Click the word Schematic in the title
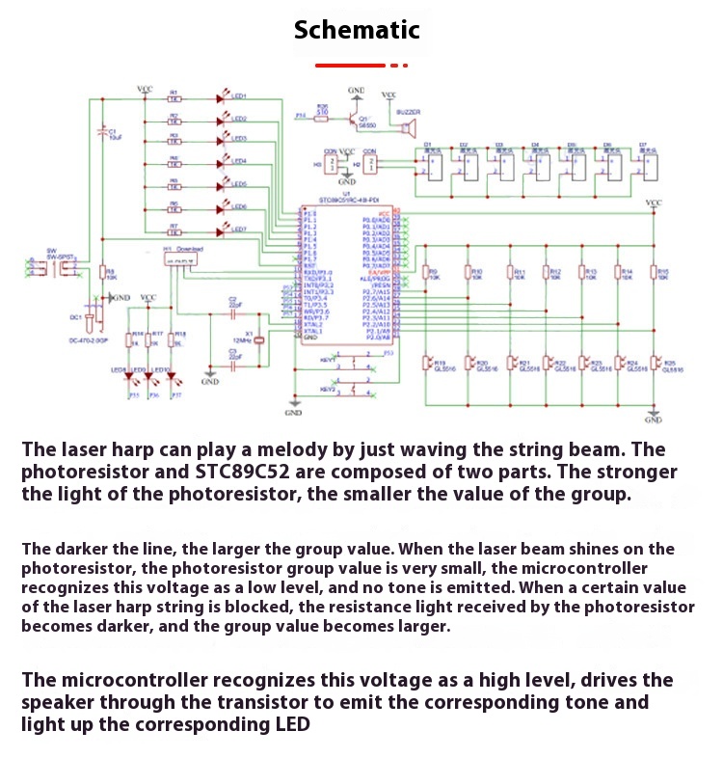[357, 30]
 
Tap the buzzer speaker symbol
[407, 128]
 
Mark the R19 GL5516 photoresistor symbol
[428, 364]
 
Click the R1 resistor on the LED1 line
[174, 96]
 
